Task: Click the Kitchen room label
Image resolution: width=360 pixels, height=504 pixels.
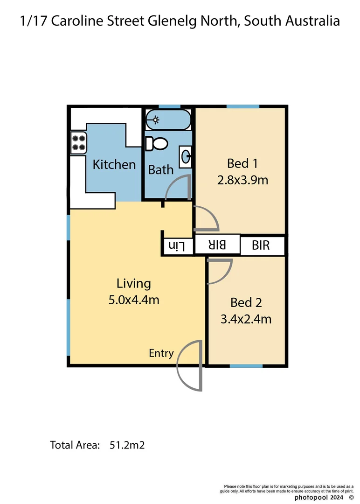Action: [114, 164]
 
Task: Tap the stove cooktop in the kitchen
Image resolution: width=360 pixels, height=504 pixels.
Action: [79, 142]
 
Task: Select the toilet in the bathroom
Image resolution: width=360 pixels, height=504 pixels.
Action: [156, 144]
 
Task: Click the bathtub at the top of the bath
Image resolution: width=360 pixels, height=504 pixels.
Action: [168, 119]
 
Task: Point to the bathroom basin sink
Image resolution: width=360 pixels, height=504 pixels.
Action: [186, 157]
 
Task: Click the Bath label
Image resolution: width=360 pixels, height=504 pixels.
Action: [161, 170]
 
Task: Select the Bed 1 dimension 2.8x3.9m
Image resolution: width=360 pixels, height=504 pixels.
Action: [242, 180]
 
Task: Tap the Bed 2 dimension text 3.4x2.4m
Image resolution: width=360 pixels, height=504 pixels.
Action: [246, 319]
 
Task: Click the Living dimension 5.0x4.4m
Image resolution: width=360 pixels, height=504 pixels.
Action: [134, 300]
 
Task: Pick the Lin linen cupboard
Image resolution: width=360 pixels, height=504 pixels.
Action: [177, 245]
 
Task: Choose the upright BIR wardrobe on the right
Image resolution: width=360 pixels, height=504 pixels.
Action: [261, 245]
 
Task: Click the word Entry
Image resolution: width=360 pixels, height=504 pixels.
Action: [161, 353]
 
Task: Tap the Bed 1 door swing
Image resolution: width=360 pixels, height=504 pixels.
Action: [208, 218]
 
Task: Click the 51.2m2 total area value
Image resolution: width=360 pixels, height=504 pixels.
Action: [127, 445]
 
